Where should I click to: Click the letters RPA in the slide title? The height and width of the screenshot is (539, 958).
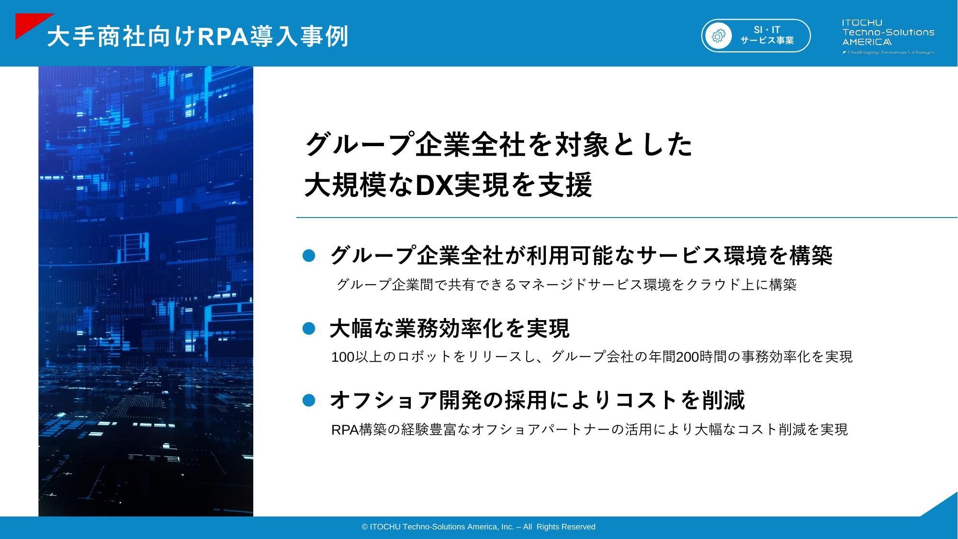pos(225,37)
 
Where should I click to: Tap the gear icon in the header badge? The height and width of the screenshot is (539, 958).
pos(719,36)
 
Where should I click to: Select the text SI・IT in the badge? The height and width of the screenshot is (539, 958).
pos(767,30)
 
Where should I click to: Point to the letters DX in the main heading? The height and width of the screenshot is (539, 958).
pos(434,185)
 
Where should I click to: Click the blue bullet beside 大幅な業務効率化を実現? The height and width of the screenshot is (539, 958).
pos(309,328)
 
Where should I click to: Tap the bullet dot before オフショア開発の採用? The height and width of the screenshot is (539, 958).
pos(309,400)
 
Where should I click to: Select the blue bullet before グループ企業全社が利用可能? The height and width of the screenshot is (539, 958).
pos(309,255)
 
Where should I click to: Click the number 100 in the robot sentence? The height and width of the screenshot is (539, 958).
pos(343,357)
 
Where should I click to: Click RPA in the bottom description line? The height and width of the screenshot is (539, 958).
pos(345,430)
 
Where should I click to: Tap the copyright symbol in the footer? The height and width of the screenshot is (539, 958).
pos(365,527)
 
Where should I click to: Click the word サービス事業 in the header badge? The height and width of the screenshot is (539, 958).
pos(767,41)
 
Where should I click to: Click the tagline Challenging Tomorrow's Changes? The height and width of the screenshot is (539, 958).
pos(888,52)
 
